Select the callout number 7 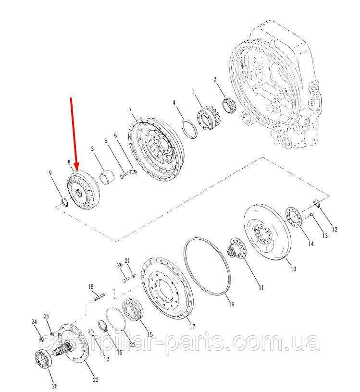coord(130,110)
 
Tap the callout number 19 coord(231,304)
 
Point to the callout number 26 coord(54,386)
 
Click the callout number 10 coord(293,269)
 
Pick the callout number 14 coord(310,244)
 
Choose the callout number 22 coord(96,380)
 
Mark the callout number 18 coord(90,287)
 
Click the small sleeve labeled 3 coord(107,176)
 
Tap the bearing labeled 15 coord(133,309)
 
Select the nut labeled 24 coord(42,339)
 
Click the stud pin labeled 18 coord(99,298)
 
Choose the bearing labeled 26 coord(43,360)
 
